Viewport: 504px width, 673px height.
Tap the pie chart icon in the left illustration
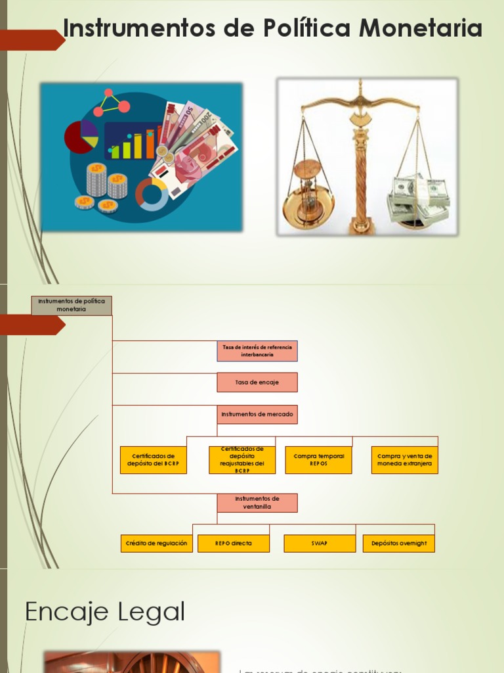[x=81, y=137]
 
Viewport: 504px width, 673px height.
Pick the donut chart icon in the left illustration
[x=152, y=194]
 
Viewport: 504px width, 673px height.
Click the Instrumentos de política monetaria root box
[x=72, y=305]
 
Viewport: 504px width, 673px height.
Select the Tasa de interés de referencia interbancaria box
[x=257, y=351]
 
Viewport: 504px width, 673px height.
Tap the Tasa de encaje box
[x=257, y=383]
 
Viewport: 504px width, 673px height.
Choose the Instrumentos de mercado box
[x=257, y=414]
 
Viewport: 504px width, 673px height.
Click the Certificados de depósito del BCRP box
[x=154, y=460]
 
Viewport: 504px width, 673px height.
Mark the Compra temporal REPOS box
[x=318, y=460]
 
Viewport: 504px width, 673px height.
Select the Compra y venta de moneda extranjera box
[x=405, y=460]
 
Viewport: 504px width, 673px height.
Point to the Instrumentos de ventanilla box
[x=257, y=503]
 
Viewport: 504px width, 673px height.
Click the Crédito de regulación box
[x=156, y=544]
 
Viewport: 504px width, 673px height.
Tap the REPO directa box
[x=234, y=544]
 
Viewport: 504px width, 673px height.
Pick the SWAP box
[x=320, y=544]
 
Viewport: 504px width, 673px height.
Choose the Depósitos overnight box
[x=399, y=544]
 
